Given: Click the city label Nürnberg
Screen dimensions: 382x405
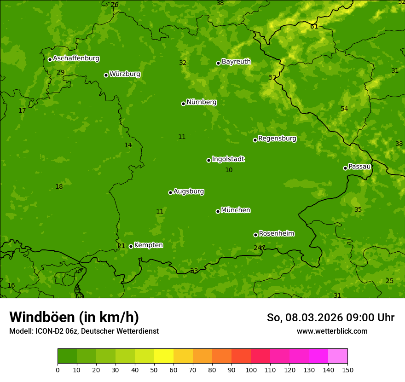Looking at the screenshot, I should (201, 102).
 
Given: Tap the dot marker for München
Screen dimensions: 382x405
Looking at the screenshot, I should (218, 211).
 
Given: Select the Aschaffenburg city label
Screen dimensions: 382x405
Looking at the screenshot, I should (76, 58).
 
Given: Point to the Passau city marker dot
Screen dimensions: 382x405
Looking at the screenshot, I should (345, 168).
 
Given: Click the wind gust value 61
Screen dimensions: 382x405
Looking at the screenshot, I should (314, 26).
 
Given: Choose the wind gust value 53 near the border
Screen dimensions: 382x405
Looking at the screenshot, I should (272, 77).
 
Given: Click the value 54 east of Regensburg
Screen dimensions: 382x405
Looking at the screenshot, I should (344, 109).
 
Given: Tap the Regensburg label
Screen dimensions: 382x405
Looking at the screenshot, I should (277, 139).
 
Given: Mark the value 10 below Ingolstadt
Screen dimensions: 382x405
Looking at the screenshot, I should (229, 170).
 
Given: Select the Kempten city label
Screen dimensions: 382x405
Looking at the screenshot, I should (148, 245).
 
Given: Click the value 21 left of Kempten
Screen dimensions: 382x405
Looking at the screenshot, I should (121, 246).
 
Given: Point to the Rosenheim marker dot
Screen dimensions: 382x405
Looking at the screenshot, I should (255, 235).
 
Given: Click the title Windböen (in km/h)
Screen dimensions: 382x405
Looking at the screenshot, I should (74, 317).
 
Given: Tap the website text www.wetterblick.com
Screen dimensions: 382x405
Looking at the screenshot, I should (332, 331).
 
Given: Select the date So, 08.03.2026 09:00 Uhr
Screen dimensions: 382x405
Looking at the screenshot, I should (330, 318).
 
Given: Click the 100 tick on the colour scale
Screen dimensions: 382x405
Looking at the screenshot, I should (251, 370).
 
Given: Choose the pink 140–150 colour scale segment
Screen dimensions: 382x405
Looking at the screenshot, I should (338, 356).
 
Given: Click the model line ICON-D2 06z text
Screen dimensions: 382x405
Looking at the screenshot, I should (84, 331).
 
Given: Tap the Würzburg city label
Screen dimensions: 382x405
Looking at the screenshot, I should (125, 74).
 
